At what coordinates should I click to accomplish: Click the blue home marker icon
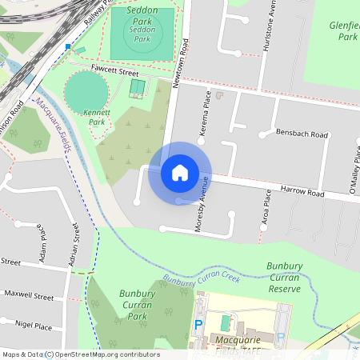[x=180, y=172]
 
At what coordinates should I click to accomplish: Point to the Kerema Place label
[x=206, y=113]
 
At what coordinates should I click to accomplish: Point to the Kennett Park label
[x=95, y=118]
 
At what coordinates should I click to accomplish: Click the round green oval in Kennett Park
[x=86, y=91]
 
